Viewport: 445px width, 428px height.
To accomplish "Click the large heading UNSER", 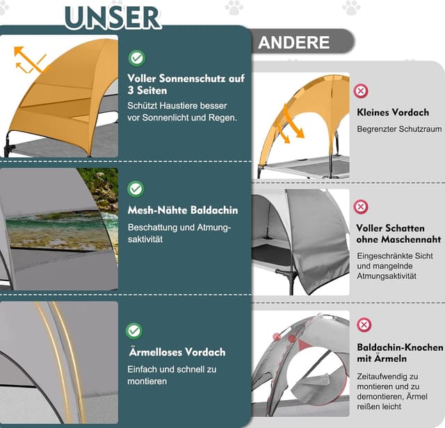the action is (x=113, y=17).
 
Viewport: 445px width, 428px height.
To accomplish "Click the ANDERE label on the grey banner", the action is (x=293, y=42).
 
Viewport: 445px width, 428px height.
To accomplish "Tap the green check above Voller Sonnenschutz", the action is (x=137, y=58).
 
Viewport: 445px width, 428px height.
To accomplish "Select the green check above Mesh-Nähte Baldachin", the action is (x=136, y=189).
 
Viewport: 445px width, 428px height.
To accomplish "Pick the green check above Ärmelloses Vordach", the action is (x=134, y=331).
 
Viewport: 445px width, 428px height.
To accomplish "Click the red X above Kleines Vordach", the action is (x=361, y=91).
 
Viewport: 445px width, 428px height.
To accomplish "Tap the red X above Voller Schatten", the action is (x=361, y=207).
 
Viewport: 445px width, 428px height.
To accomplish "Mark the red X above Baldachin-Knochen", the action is (x=364, y=325).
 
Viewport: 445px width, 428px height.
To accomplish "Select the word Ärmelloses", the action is (x=153, y=351).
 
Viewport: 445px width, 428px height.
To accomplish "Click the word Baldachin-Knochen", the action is (x=400, y=347).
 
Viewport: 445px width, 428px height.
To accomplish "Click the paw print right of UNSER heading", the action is (x=234, y=8).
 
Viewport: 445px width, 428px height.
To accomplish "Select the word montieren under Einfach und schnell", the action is (x=147, y=381).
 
